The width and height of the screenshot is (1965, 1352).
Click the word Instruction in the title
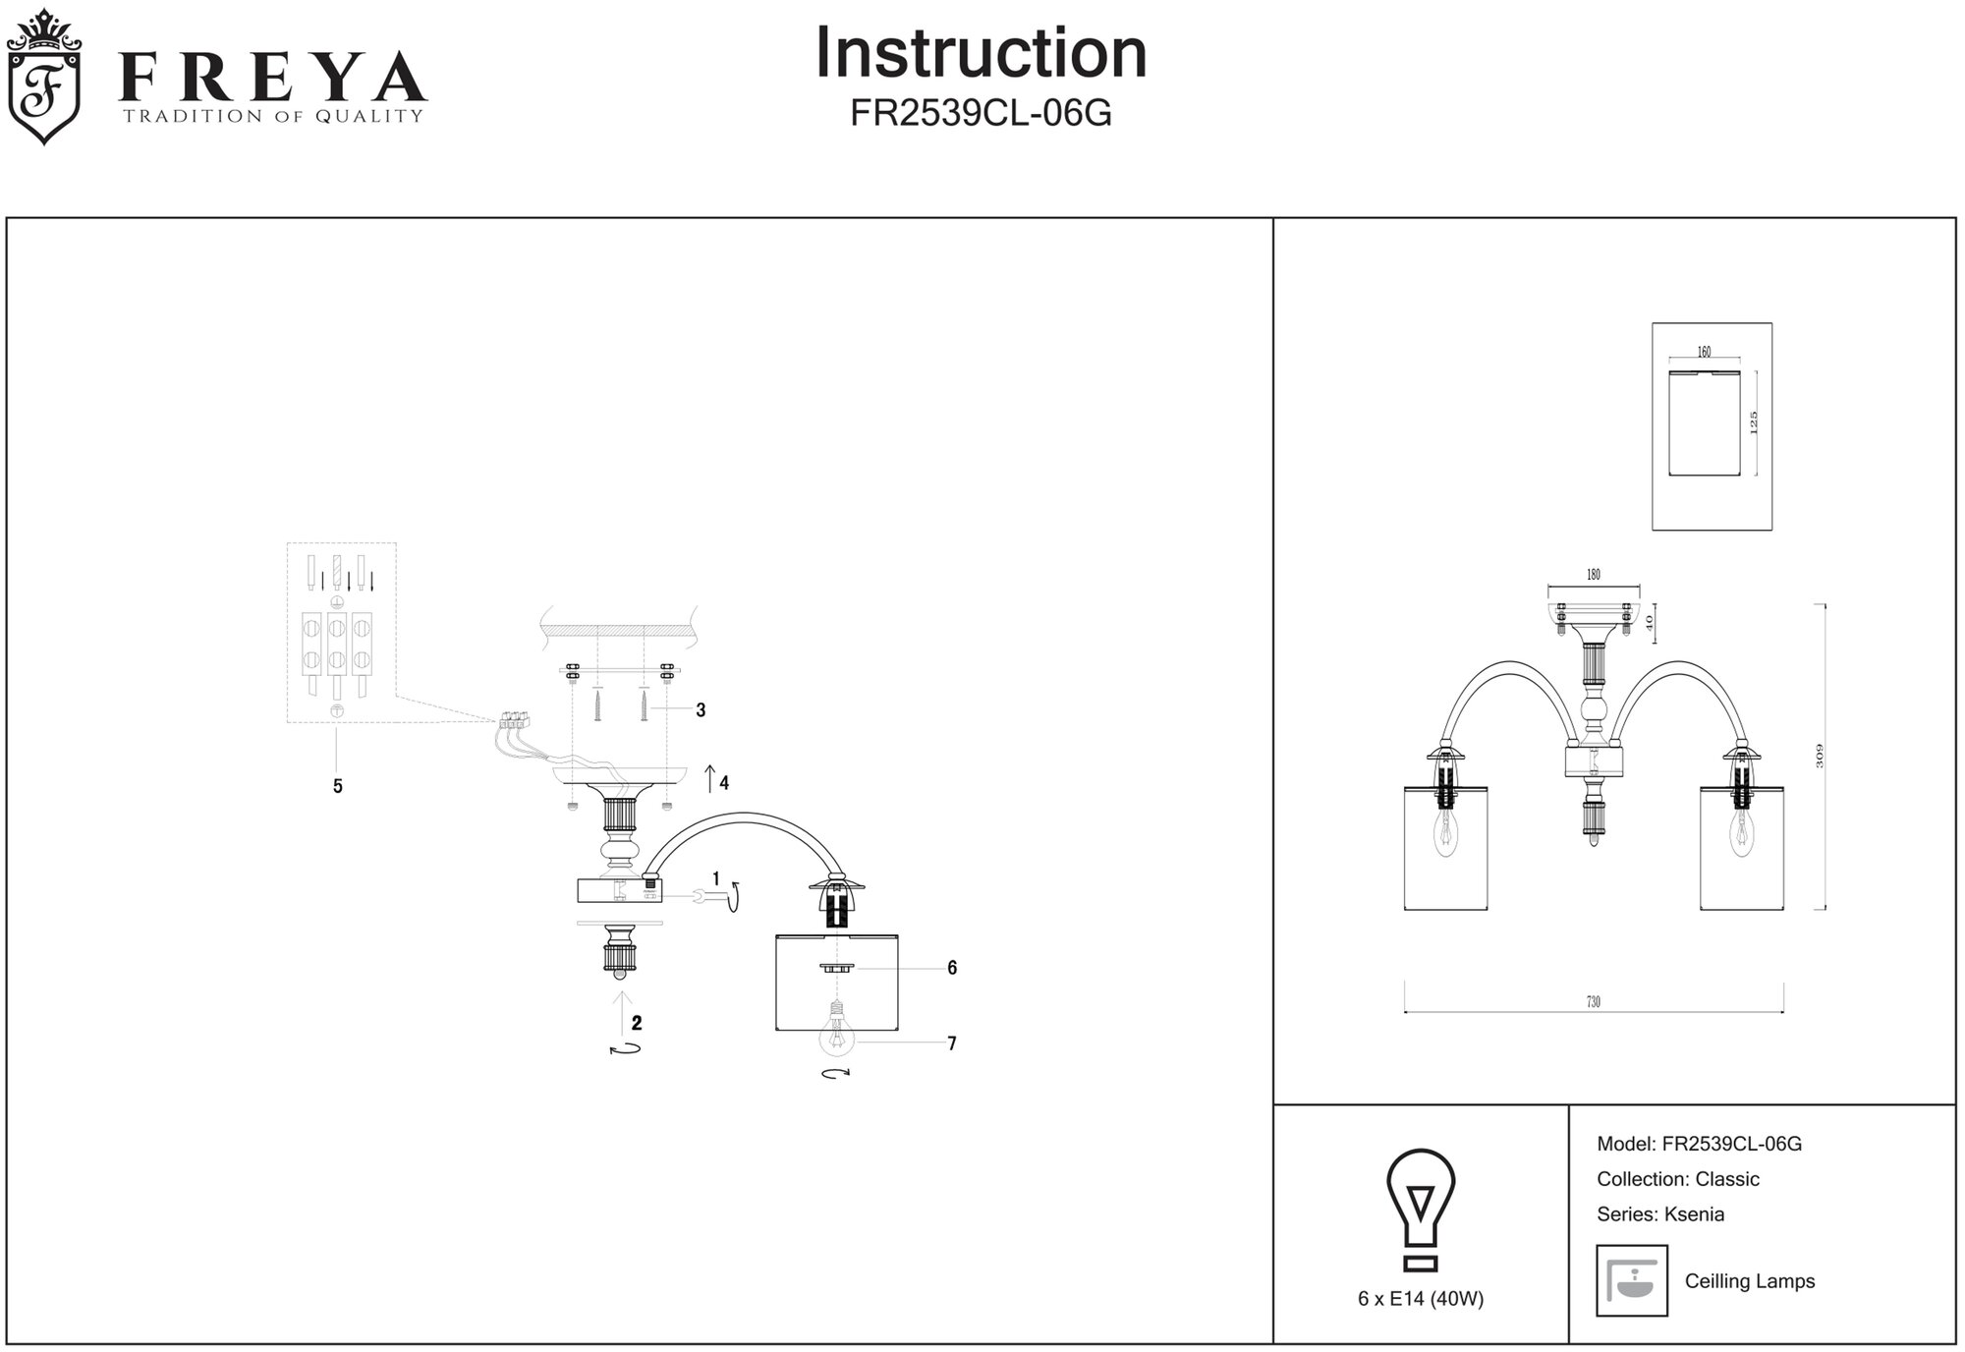click(x=981, y=53)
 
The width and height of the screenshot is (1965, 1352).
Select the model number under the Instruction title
click(x=981, y=115)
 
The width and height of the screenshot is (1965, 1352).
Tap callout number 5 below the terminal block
click(x=338, y=786)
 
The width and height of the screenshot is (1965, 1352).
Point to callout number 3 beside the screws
click(x=701, y=710)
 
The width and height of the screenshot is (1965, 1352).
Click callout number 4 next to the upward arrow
click(x=724, y=783)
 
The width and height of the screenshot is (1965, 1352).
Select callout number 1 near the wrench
click(x=716, y=878)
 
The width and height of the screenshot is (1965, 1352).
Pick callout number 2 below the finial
click(x=637, y=1023)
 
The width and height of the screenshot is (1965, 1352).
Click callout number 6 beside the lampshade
click(x=952, y=968)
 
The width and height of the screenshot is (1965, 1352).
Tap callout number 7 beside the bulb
click(x=952, y=1043)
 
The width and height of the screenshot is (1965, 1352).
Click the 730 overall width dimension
click(x=1593, y=1002)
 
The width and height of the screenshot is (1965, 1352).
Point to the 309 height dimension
click(x=1819, y=756)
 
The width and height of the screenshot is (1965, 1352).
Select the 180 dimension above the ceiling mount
click(x=1593, y=575)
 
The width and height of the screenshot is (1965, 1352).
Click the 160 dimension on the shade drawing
click(x=1704, y=352)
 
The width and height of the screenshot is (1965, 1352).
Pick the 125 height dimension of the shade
click(x=1753, y=422)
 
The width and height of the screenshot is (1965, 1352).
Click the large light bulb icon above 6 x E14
click(x=1421, y=1211)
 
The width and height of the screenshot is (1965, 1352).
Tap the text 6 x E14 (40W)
click(x=1421, y=1299)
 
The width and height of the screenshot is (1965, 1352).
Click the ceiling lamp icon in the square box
click(x=1632, y=1280)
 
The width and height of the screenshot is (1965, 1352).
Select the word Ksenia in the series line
click(x=1693, y=1214)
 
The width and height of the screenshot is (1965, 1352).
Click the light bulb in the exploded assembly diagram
click(x=836, y=1036)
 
